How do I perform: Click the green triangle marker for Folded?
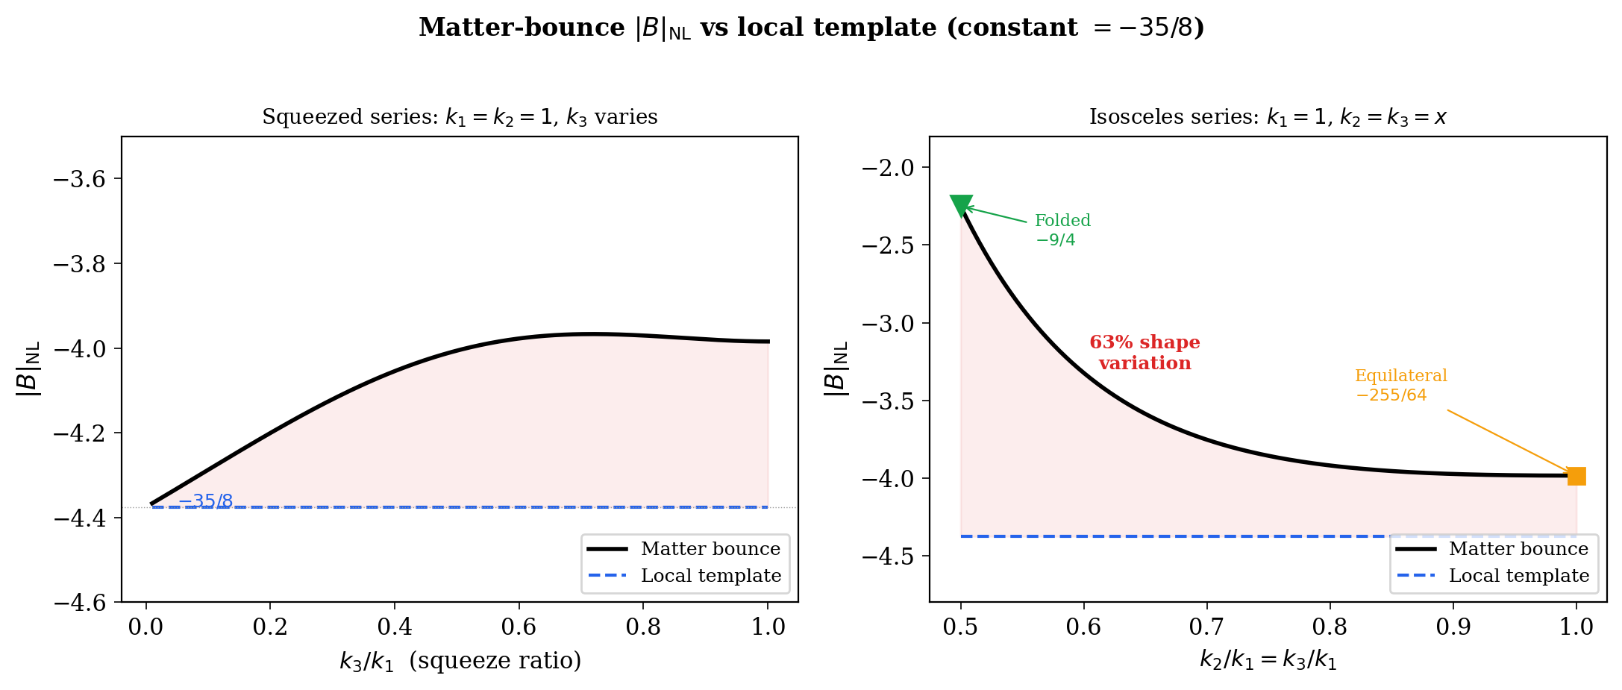[961, 205]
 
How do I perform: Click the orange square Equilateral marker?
[1576, 476]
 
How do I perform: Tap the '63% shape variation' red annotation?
[1145, 353]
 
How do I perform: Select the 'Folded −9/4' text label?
[1062, 230]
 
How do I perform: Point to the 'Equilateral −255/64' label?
[1400, 385]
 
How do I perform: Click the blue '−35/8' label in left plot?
[205, 501]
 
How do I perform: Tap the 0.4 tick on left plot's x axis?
[395, 627]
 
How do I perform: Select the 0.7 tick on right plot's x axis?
[1206, 627]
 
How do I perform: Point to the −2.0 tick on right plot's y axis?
[888, 168]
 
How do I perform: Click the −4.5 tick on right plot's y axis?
[888, 556]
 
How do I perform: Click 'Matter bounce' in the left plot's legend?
[710, 549]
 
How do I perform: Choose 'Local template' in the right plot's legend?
[1518, 576]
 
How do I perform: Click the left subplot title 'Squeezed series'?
[460, 117]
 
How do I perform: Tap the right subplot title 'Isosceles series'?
[1268, 117]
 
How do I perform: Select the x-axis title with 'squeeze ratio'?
[460, 661]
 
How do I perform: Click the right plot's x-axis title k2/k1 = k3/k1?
[1268, 660]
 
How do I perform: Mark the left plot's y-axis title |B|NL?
[28, 368]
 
